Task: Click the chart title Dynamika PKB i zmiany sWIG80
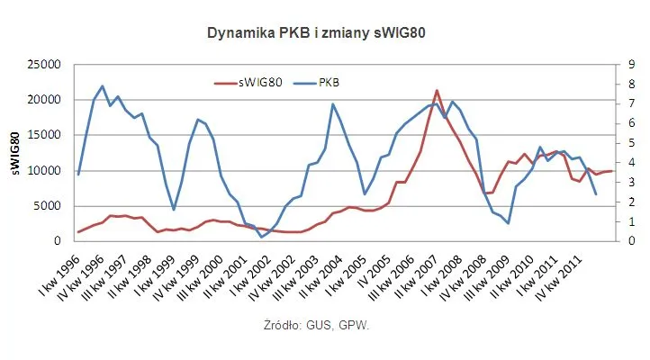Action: point(316,32)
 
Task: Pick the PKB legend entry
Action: point(330,82)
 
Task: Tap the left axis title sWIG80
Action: point(15,152)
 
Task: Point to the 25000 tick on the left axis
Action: point(43,65)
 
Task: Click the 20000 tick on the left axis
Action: point(43,100)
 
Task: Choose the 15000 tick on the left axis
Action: point(43,135)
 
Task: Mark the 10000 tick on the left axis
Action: point(43,170)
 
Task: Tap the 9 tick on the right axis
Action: point(627,65)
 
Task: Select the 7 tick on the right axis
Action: point(627,103)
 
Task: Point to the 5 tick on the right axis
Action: point(627,143)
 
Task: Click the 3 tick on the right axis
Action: point(627,182)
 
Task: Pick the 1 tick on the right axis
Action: point(627,221)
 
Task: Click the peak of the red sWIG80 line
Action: point(437,90)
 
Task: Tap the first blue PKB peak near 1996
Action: point(103,86)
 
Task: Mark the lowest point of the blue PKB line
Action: point(262,237)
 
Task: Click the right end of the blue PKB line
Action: point(596,194)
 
